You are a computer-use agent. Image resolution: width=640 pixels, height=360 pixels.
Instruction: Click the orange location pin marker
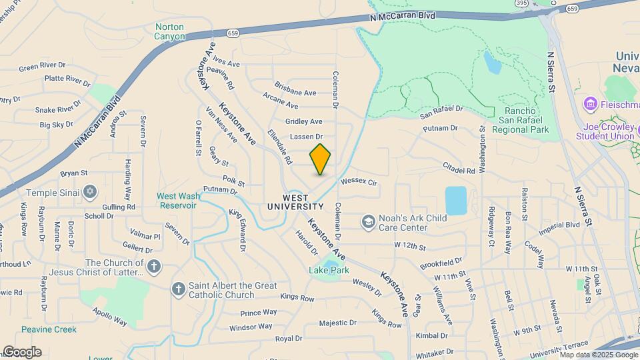320,159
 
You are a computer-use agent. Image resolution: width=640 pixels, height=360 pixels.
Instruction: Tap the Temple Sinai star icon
91,193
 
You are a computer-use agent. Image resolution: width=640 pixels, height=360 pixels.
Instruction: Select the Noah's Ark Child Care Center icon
368,221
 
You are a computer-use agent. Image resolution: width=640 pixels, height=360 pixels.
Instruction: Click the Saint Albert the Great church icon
178,289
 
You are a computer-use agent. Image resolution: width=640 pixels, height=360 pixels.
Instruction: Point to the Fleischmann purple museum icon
589,104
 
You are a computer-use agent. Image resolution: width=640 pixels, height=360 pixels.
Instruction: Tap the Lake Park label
329,270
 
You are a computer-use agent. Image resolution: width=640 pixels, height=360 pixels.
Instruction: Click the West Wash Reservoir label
177,201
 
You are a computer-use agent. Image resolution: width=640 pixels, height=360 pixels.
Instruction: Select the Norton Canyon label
169,31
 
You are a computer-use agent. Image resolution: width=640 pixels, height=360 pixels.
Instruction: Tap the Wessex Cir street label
359,181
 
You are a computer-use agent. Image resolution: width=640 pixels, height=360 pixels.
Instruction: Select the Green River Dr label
42,67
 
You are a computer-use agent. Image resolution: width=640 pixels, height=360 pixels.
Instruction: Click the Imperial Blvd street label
560,225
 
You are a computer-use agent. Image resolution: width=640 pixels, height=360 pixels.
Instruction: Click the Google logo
21,352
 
